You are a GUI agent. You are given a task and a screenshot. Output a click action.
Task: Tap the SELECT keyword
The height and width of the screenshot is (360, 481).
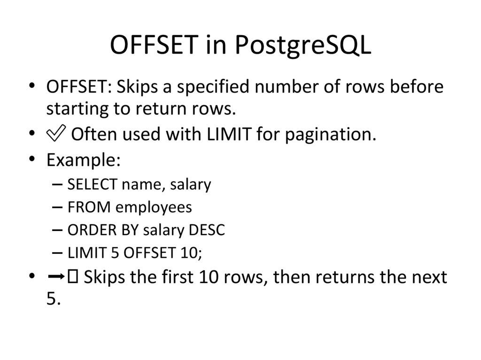[92, 184]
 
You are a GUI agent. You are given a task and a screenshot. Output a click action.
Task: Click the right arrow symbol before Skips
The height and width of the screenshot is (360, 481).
[55, 277]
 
